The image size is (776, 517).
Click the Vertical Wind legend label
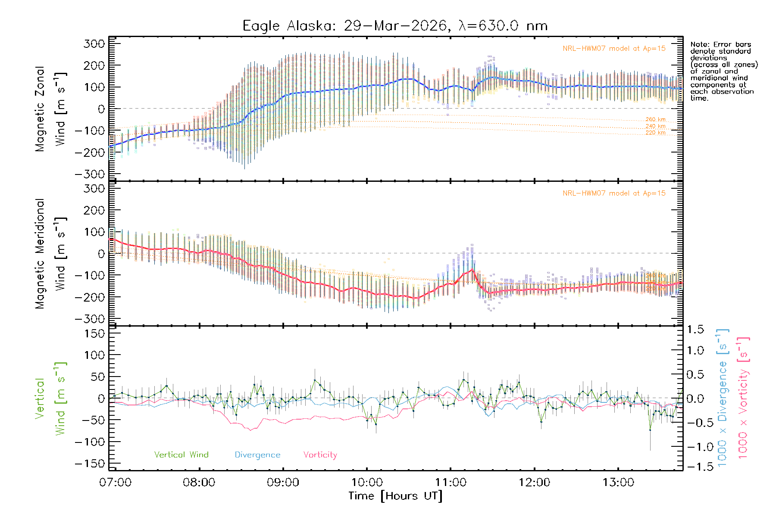[x=181, y=455]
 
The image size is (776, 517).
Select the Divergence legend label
[x=257, y=455]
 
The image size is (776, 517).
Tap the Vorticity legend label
[x=320, y=455]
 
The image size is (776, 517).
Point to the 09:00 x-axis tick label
[x=283, y=483]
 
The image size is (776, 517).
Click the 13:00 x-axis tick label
[x=618, y=483]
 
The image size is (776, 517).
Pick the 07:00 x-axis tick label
[x=115, y=483]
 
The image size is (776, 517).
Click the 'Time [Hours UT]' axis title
[x=395, y=496]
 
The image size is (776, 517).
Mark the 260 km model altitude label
[x=655, y=119]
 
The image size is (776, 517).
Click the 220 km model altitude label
[x=655, y=133]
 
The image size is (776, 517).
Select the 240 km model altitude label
[x=655, y=126]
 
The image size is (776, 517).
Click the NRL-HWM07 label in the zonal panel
[x=614, y=49]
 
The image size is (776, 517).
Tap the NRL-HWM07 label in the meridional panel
[x=614, y=193]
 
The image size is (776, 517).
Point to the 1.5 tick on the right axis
[x=695, y=330]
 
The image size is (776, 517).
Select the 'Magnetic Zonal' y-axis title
[x=40, y=109]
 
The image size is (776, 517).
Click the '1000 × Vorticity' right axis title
[x=743, y=398]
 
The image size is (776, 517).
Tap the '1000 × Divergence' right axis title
[x=722, y=398]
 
